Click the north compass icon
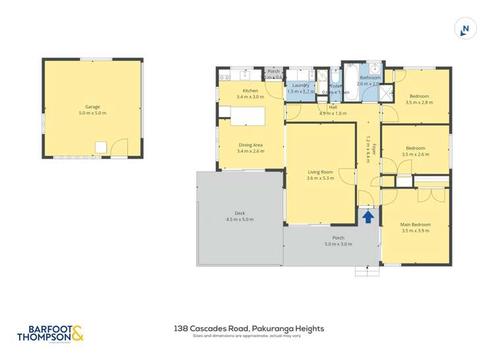[x=466, y=28]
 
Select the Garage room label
[x=92, y=107]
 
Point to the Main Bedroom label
[x=416, y=224]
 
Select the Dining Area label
[x=250, y=145]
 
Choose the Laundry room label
[x=301, y=85]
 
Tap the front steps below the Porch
[x=363, y=270]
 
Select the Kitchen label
[x=250, y=90]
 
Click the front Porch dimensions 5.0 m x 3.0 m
[x=338, y=244]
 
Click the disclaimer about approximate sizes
[x=246, y=336]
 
